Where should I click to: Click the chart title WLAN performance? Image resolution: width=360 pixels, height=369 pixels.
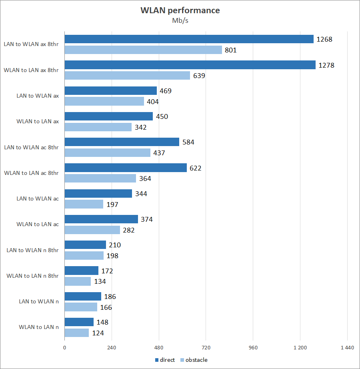click(180, 10)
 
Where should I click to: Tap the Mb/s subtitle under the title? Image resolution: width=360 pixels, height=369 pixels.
click(180, 21)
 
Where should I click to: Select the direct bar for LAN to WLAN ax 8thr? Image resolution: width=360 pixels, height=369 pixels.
click(189, 39)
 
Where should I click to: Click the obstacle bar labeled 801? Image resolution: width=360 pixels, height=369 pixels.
click(143, 50)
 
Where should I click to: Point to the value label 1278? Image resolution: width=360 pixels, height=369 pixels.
click(326, 65)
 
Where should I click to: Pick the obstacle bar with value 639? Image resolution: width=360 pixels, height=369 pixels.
click(127, 75)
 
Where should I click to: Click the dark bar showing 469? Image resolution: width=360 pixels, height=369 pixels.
click(110, 90)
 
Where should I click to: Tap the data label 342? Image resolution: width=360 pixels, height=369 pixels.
click(141, 127)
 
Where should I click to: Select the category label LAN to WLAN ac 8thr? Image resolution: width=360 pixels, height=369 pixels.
click(31, 147)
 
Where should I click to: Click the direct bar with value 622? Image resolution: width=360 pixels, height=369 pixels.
click(126, 168)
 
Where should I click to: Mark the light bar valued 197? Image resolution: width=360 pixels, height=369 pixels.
click(84, 204)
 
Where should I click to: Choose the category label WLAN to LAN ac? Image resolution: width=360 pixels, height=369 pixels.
click(38, 224)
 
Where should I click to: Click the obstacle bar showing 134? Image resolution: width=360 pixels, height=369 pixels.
click(78, 281)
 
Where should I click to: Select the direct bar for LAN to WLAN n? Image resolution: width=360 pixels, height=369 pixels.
click(83, 296)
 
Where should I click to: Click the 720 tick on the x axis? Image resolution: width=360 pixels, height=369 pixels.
click(206, 348)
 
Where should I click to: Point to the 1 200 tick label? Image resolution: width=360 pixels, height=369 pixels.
click(300, 348)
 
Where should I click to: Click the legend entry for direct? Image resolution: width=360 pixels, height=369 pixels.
click(165, 360)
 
